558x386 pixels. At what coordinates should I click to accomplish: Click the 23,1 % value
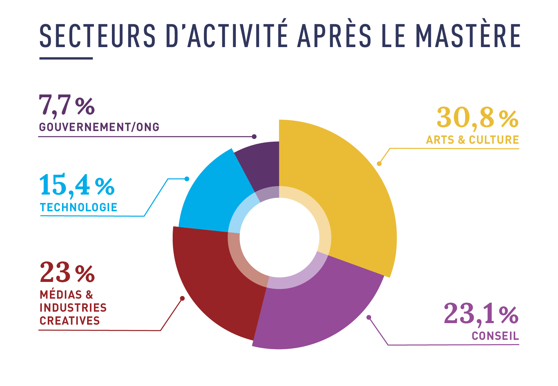point(480,314)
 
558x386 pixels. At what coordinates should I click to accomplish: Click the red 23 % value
point(67,273)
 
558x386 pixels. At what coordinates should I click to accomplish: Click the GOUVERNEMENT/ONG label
point(99,127)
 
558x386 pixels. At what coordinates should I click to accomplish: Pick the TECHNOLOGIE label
point(79,207)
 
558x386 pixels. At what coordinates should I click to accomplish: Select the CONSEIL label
point(495,336)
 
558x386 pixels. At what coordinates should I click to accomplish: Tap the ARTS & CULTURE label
point(472,140)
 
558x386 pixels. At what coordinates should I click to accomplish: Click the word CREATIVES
point(70,321)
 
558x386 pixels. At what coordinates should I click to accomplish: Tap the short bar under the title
point(66,58)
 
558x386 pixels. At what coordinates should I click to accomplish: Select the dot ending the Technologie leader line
point(187,179)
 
